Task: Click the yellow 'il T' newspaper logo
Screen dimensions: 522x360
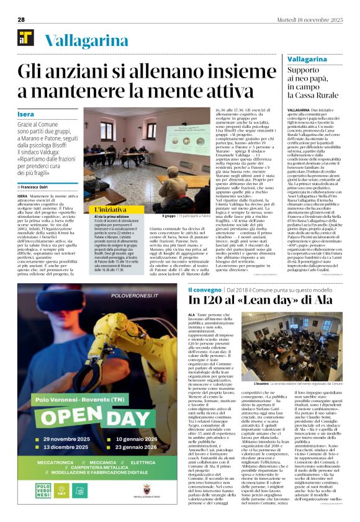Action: pyautogui.click(x=25, y=38)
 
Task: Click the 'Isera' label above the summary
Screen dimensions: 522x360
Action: pyautogui.click(x=26, y=115)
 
